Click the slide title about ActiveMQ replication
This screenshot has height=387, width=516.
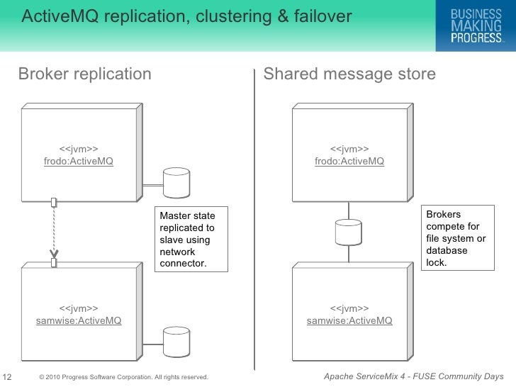[186, 16]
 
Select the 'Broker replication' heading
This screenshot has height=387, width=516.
[84, 74]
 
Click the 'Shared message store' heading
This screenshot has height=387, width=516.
[349, 74]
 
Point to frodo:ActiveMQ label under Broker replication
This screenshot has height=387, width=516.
[78, 161]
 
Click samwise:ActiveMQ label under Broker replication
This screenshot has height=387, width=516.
[78, 320]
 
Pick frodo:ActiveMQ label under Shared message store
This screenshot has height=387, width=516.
[349, 161]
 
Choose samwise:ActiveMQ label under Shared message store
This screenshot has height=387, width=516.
[349, 320]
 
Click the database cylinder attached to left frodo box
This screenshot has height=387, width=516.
[176, 184]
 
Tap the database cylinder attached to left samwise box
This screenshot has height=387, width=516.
[176, 343]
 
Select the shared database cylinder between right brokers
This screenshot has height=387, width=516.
[349, 232]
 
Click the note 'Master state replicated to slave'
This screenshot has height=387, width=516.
[191, 240]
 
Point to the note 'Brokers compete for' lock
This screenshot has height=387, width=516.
[457, 239]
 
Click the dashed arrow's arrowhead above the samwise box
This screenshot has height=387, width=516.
[53, 253]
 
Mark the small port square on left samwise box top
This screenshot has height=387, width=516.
[53, 264]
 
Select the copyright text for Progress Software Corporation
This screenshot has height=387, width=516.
[124, 377]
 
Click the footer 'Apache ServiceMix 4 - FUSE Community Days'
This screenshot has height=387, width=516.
[413, 376]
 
